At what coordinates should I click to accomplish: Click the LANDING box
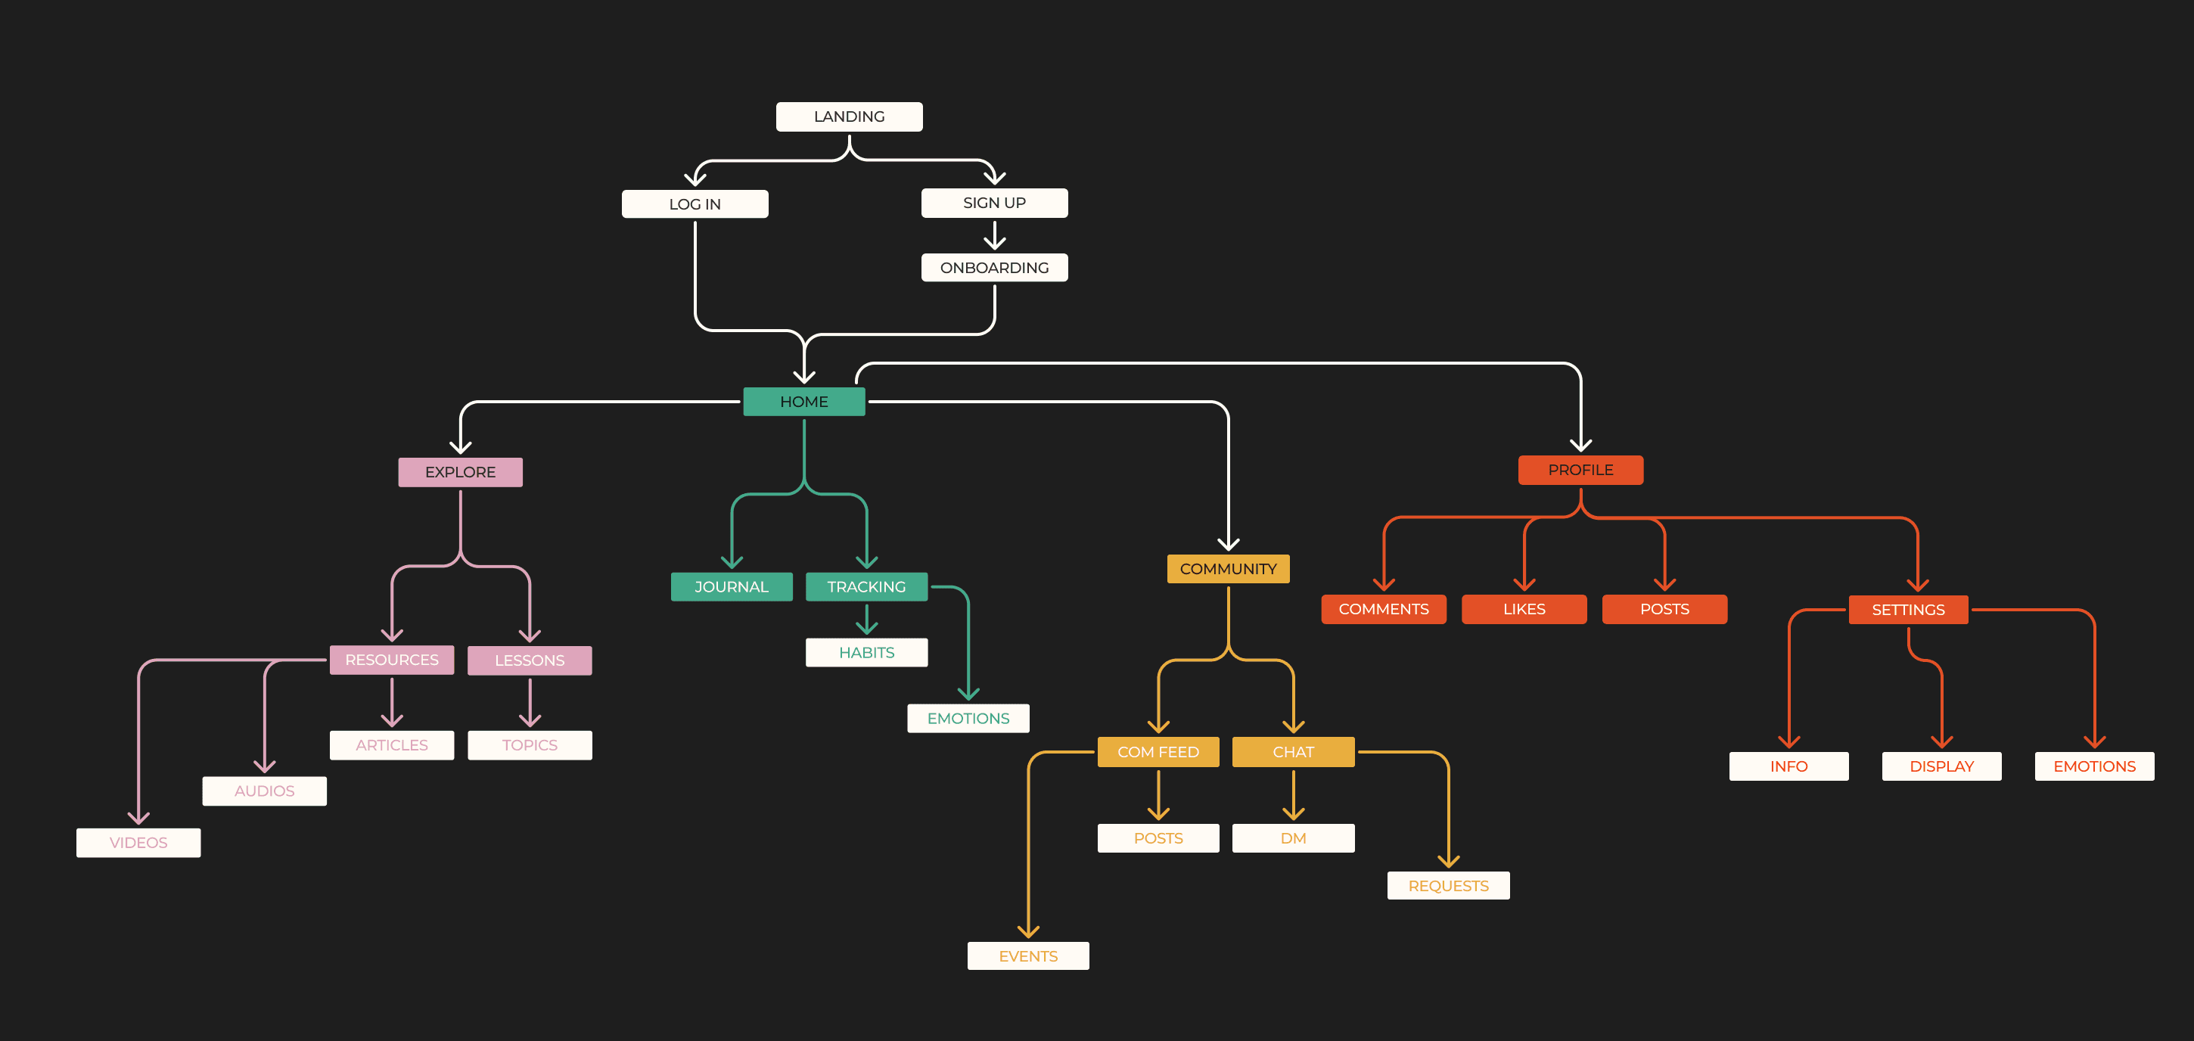coord(848,117)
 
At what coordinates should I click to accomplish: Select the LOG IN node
coord(695,204)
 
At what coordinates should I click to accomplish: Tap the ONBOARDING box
coord(994,268)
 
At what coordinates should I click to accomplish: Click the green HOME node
coord(803,401)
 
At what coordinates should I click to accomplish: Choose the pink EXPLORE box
coord(460,472)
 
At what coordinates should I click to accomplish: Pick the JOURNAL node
coord(731,587)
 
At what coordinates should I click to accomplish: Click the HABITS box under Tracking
coord(866,653)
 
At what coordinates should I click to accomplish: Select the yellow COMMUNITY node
coord(1227,569)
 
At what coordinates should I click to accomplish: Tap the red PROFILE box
coord(1580,471)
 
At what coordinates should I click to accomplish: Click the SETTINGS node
coord(1908,610)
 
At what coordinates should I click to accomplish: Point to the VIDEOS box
coord(138,843)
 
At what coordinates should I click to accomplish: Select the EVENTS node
coord(1028,956)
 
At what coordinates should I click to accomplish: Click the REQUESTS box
coord(1448,886)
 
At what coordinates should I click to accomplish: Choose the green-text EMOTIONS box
coord(968,718)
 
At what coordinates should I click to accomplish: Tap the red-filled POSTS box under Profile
coord(1664,609)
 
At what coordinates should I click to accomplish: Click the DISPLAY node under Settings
coord(1941,766)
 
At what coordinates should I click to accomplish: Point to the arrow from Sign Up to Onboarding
coord(994,235)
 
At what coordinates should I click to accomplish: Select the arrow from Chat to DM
coord(1293,795)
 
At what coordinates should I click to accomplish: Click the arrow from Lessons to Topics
coord(530,703)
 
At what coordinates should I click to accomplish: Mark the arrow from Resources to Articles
coord(392,703)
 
